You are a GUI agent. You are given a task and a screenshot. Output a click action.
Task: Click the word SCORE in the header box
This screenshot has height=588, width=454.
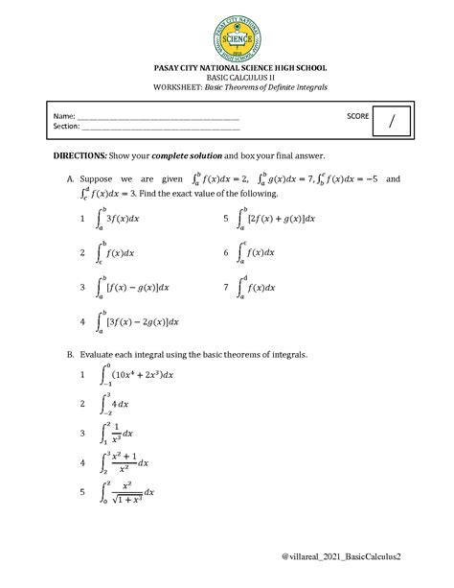tap(358, 114)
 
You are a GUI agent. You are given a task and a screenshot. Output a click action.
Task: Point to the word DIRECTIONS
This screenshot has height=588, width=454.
tap(84, 154)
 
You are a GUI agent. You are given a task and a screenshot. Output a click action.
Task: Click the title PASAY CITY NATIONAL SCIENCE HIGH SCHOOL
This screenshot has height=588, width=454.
tap(227, 69)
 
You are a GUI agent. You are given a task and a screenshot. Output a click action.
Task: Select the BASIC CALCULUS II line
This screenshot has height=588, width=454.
tap(227, 79)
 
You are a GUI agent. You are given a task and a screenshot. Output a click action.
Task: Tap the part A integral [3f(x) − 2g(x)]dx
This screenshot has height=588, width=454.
tap(139, 321)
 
